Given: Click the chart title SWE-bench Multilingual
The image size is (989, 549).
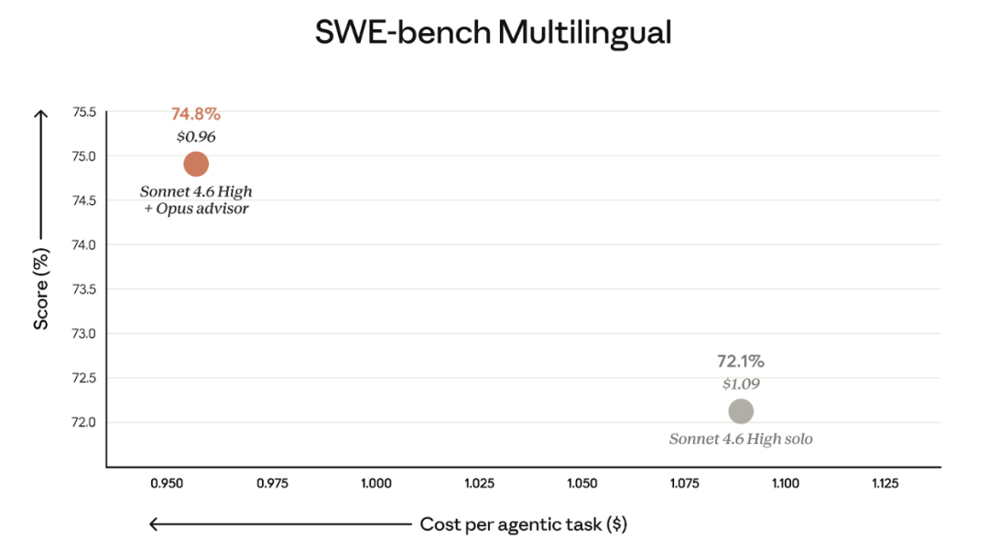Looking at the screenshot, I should (494, 33).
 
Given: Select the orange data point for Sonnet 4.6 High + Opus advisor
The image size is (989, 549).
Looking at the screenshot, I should (196, 165).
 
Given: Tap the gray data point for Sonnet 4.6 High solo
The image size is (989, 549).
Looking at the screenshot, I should (741, 412).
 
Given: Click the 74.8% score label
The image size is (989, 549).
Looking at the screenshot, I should (196, 114).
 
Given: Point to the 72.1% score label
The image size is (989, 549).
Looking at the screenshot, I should (741, 361).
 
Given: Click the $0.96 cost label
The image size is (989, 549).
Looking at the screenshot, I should (196, 137).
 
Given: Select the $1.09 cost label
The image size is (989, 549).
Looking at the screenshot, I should (741, 384).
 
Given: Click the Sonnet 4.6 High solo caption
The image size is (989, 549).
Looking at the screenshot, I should (741, 439).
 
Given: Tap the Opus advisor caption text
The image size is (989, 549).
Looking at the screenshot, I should (196, 209).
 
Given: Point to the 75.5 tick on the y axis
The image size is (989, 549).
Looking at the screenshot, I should (83, 112).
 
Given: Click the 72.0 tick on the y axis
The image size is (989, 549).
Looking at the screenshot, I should (83, 422).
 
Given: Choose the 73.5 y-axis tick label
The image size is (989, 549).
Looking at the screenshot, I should (83, 289).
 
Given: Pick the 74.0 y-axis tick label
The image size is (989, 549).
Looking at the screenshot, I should (83, 244).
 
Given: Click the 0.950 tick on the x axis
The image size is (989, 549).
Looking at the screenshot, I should (171, 483).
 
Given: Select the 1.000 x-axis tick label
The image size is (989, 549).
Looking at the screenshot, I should (376, 483).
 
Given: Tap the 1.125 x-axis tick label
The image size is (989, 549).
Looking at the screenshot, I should (886, 483).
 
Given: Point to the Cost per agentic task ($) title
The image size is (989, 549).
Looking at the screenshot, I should (523, 524).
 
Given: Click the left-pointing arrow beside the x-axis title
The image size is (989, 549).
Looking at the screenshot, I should (279, 524).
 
